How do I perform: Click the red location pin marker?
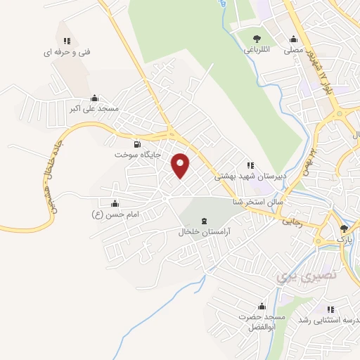coord(181,165)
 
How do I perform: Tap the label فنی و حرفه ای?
coord(67,51)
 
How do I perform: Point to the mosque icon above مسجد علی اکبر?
coord(95,98)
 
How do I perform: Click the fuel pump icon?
coord(127,144)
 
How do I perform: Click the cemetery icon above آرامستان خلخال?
coord(204,221)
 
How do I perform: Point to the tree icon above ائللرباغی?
coord(255,39)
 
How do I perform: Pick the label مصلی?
coord(293,50)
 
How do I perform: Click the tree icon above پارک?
coord(344,229)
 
